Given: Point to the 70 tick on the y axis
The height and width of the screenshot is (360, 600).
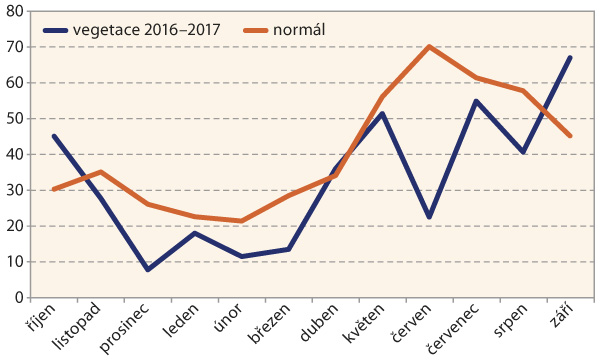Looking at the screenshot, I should pos(19,46).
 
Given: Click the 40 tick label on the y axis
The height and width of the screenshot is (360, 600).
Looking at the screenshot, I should pos(19,154).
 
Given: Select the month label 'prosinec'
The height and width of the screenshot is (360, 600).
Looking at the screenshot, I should pos(130,329).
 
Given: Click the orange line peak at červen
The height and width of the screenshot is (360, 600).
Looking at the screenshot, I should pos(429,46).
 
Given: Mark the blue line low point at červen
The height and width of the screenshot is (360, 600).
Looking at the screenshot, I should pos(429,218).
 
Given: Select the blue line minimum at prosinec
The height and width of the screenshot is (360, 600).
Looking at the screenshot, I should pos(147,270).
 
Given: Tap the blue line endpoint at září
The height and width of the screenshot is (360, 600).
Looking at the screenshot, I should pos(570,57).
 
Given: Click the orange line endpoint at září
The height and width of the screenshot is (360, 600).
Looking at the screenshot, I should pos(570,136).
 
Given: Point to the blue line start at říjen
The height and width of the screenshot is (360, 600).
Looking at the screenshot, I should pos(53,136).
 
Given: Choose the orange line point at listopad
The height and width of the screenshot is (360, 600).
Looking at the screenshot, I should pos(100,172).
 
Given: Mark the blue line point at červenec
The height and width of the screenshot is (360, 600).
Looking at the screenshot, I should pos(476,100).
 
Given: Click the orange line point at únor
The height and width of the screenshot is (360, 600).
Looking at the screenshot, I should pos(241,221).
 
